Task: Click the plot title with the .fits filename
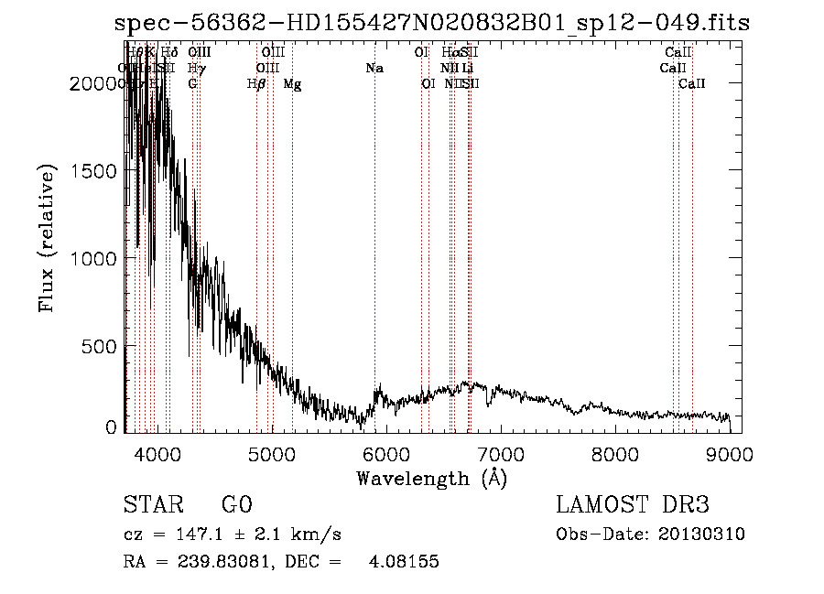(432, 24)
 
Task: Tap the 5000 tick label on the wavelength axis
(271, 455)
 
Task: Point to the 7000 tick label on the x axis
(500, 455)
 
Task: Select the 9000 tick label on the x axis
(730, 455)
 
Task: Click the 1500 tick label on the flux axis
(94, 171)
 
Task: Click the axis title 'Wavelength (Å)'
(431, 478)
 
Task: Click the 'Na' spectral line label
(374, 69)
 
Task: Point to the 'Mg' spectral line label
(292, 84)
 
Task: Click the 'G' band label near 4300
(192, 84)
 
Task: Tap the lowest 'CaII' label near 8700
(692, 84)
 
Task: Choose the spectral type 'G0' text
(236, 505)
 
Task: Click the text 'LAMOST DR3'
(632, 505)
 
